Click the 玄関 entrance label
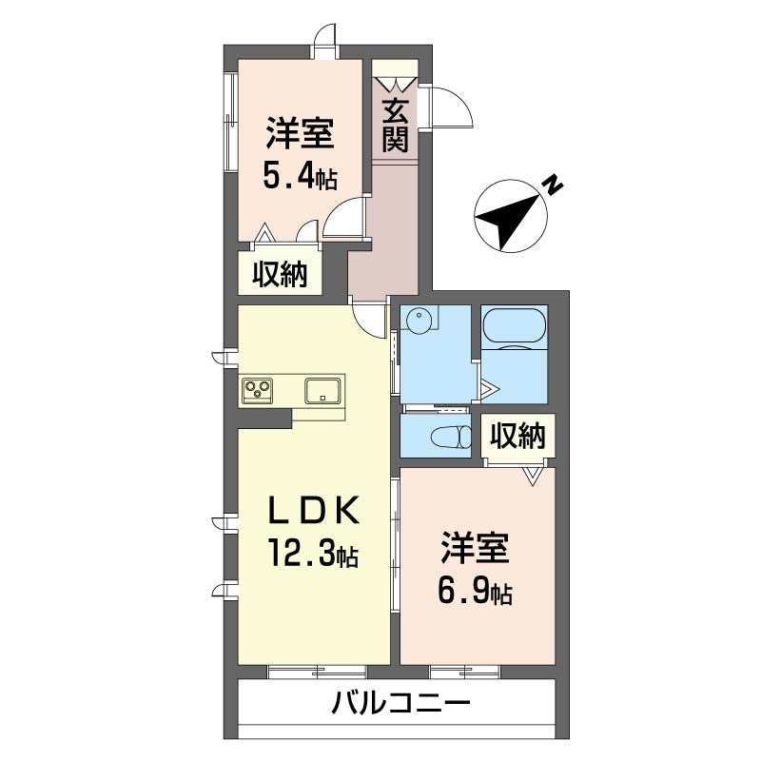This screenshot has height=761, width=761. coord(395,126)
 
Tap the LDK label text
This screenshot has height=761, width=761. coord(314,510)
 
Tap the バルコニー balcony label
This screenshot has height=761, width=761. coord(400,702)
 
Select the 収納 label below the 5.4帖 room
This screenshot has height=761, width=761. coord(280,274)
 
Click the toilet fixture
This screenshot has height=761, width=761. coord(451,436)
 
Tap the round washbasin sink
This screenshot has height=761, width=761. coord(419,321)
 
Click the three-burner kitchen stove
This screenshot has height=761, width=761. coord(257,391)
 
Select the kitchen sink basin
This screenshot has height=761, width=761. coord(322,391)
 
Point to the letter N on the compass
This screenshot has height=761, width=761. coord(552,185)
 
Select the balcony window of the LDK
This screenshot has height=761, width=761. coord(317,672)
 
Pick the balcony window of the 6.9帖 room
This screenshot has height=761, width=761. coord(464,672)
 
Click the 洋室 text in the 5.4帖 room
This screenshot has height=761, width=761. coord(300,133)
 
